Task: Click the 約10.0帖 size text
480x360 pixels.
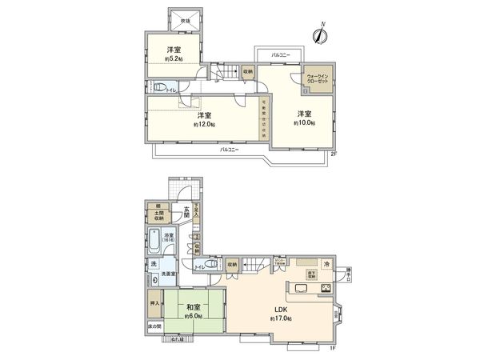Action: [x=304, y=123]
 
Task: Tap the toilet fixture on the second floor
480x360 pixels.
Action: [x=161, y=89]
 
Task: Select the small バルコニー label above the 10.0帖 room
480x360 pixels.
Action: [x=280, y=54]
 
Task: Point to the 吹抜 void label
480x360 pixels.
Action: [x=185, y=19]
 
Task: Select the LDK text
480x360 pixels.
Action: [x=281, y=310]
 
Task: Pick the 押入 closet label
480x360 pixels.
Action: [x=154, y=304]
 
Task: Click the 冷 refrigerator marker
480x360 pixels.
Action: [x=326, y=265]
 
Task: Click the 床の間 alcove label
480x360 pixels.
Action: [x=154, y=327]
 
